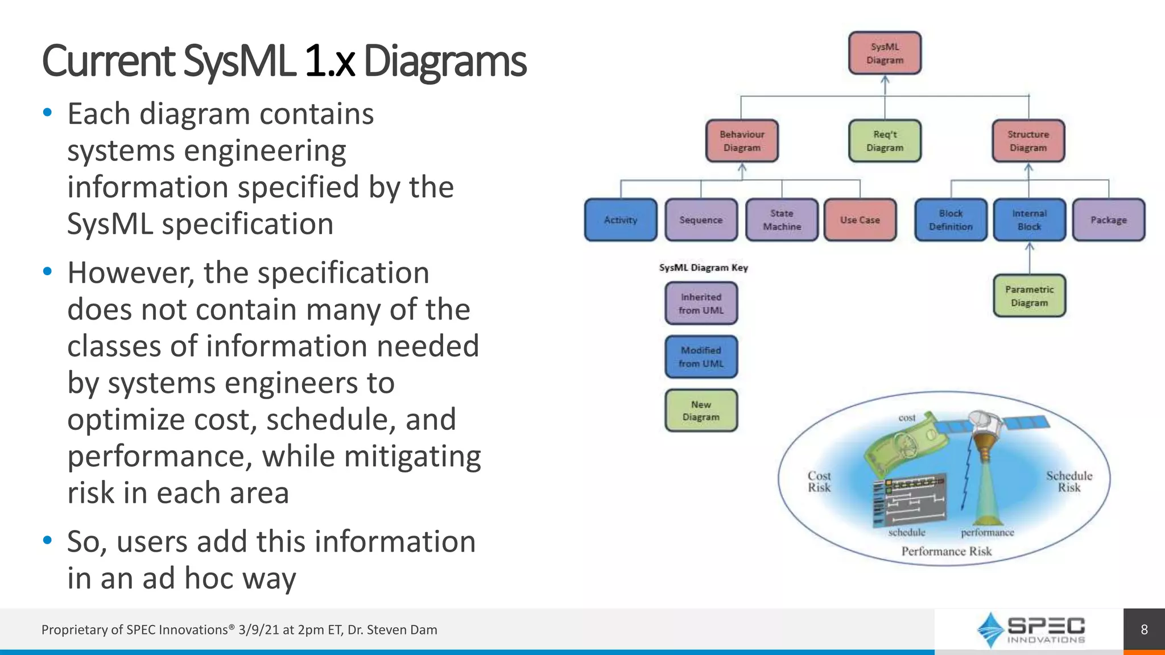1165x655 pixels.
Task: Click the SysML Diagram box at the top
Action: click(x=885, y=53)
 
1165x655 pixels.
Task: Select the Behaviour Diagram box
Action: click(x=742, y=141)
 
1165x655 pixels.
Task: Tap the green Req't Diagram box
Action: click(x=885, y=141)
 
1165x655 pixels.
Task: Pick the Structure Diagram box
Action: click(x=1028, y=141)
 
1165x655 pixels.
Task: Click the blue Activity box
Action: click(x=621, y=220)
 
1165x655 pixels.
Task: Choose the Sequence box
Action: click(x=701, y=220)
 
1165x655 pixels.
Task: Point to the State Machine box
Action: click(x=782, y=220)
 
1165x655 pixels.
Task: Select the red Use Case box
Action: click(x=860, y=220)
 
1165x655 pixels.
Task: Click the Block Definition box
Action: click(x=951, y=220)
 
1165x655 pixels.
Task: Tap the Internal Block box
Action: click(x=1029, y=220)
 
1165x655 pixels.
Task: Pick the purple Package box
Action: click(x=1108, y=220)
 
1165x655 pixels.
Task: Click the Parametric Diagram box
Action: click(x=1029, y=296)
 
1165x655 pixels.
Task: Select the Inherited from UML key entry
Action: click(x=701, y=304)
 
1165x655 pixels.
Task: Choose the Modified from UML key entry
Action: click(x=701, y=357)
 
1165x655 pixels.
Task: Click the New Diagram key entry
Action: click(x=701, y=411)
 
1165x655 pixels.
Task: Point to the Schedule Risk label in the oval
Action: click(x=1069, y=482)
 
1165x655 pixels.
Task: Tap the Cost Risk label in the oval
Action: click(x=819, y=482)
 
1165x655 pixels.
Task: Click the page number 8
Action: click(x=1144, y=630)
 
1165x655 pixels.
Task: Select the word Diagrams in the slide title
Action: click(x=444, y=61)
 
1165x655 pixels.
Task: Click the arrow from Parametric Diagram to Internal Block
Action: click(x=1030, y=259)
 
